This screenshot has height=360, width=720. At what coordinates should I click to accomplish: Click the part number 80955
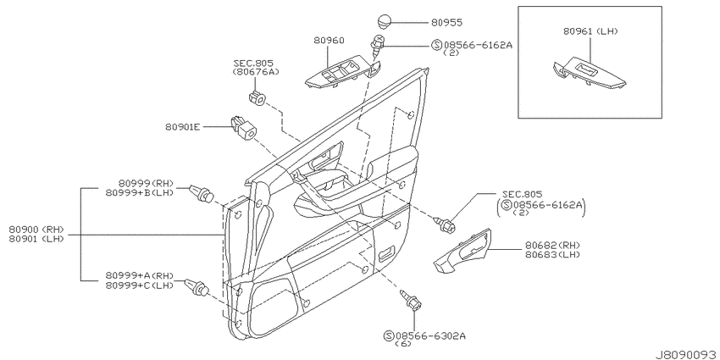(x=446, y=22)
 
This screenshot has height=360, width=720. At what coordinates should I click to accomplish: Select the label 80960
(x=329, y=40)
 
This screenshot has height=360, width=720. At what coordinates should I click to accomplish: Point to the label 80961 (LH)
(x=590, y=31)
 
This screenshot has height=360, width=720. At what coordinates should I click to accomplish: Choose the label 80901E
(x=183, y=126)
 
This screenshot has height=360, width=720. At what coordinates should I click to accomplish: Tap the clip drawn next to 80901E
(x=243, y=128)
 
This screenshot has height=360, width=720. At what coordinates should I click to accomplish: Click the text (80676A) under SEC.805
(x=256, y=72)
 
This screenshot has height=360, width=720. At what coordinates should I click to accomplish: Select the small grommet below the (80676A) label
(x=258, y=97)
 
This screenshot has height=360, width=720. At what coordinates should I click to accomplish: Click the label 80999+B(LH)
(x=140, y=192)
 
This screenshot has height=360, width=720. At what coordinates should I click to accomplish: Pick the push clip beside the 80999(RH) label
(x=202, y=193)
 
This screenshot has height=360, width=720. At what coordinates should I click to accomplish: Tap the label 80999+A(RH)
(x=140, y=275)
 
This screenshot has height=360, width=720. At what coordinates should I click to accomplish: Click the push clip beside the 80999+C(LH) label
(x=197, y=287)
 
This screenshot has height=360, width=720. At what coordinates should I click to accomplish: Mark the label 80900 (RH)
(x=36, y=230)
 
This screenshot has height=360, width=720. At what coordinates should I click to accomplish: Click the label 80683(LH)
(x=552, y=254)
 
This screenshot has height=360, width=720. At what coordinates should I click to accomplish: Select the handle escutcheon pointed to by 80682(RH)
(x=462, y=249)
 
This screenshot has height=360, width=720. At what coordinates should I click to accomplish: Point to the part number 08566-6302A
(x=430, y=335)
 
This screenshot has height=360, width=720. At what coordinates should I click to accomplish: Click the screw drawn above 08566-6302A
(x=411, y=300)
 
